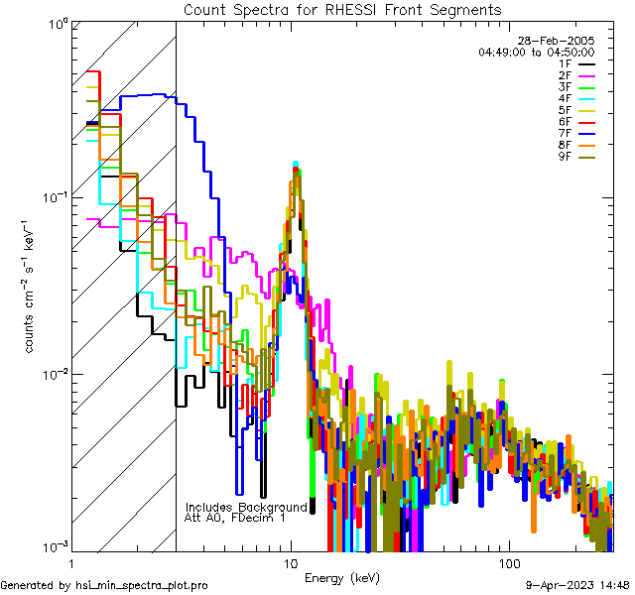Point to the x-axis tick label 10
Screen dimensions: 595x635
[291, 562]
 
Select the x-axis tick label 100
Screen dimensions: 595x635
[508, 562]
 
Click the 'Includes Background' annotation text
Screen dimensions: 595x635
[246, 507]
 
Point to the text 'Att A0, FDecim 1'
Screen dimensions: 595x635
[235, 518]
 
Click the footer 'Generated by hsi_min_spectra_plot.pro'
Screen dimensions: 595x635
[104, 585]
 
